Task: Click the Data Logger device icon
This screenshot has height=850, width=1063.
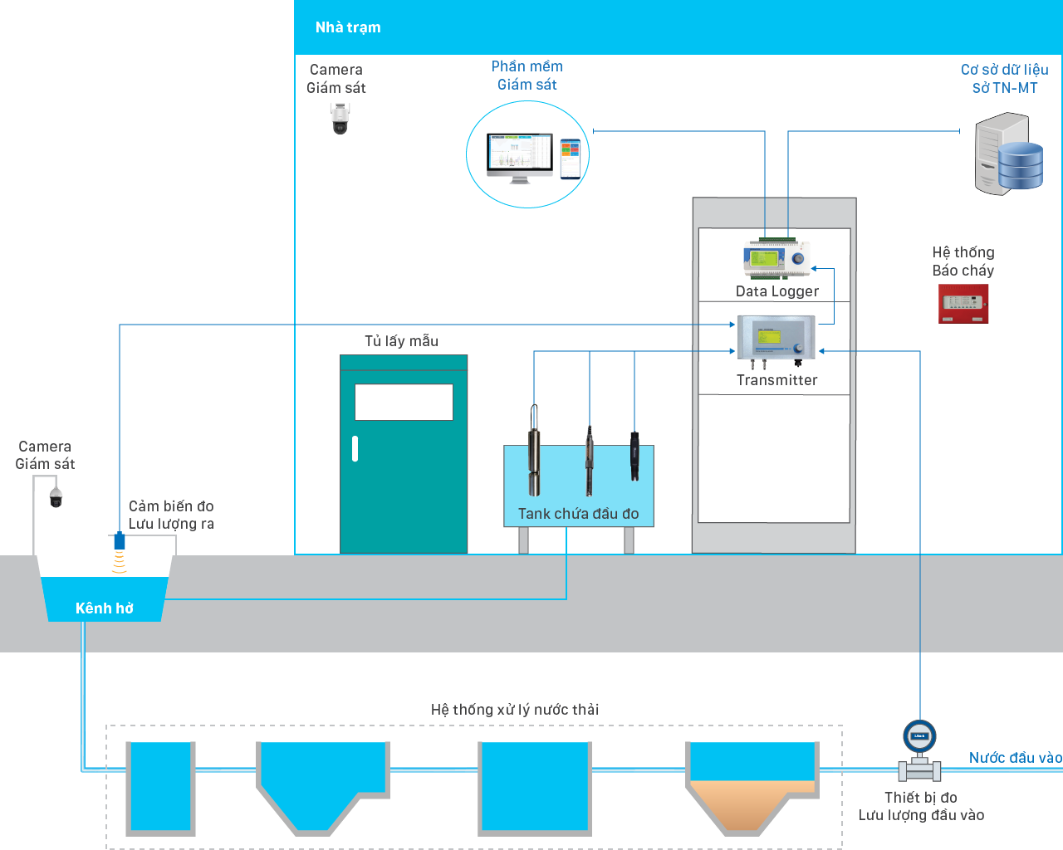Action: tap(776, 259)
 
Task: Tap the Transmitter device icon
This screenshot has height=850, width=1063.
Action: tap(776, 340)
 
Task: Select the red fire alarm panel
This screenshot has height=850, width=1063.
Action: tap(963, 303)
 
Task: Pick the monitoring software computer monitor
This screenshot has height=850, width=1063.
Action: tap(520, 157)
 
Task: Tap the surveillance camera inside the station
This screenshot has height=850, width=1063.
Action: tap(340, 118)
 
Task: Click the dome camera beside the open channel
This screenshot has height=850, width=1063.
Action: tap(56, 497)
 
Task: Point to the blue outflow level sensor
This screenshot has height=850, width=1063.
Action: tap(120, 541)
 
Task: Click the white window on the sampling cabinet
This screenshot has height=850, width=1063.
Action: tap(404, 402)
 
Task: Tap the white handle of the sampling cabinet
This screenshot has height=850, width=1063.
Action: tap(355, 449)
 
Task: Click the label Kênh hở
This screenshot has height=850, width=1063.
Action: tap(105, 608)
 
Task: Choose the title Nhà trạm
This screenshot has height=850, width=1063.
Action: tap(348, 27)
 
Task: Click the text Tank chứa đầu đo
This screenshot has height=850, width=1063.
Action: tap(578, 514)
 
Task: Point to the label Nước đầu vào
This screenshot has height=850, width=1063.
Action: tap(1015, 757)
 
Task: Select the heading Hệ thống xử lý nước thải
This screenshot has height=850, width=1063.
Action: tap(514, 709)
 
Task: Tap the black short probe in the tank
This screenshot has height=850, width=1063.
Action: tap(634, 456)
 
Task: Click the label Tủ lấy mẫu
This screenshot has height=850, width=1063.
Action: tap(401, 340)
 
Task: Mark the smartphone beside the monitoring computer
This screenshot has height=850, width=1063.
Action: tap(570, 159)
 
